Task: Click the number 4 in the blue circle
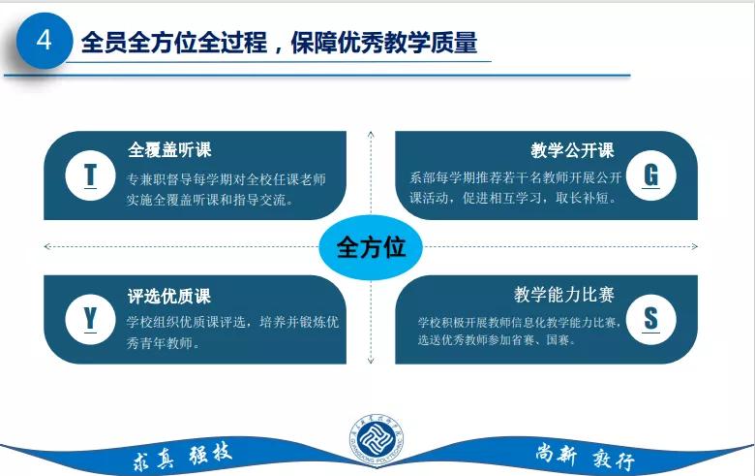pos(43,40)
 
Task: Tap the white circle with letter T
pos(90,175)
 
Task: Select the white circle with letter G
pos(650,175)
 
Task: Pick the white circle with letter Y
pos(90,318)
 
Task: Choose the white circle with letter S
pos(650,318)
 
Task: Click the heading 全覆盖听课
pos(169,150)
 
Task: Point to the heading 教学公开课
pos(572,150)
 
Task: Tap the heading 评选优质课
pos(169,296)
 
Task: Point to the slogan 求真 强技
pos(183,456)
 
